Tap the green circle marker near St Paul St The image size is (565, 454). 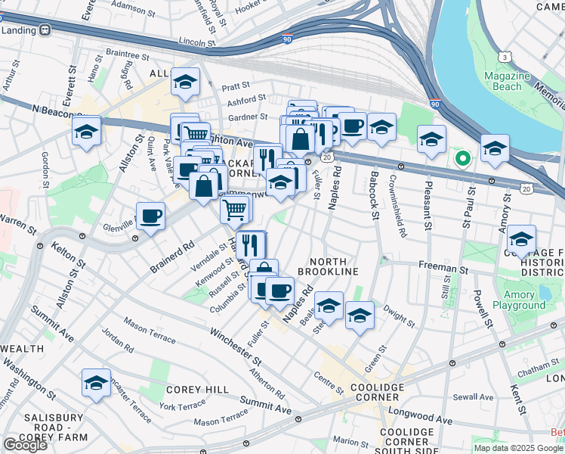click(462, 159)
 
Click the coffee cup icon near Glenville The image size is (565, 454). click(150, 216)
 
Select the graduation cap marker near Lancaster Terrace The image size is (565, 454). click(96, 383)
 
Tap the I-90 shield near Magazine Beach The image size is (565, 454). click(434, 104)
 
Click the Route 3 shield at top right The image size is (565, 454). click(504, 57)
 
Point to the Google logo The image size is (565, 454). click(25, 445)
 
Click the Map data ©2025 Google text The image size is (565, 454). click(517, 448)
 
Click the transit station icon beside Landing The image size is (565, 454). click(45, 30)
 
